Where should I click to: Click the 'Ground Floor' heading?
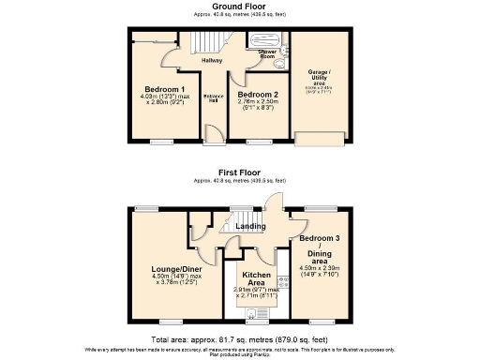(x=239, y=6)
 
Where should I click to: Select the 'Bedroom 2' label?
(x=254, y=95)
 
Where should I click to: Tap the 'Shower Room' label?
(x=266, y=54)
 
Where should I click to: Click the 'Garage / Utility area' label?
(x=314, y=74)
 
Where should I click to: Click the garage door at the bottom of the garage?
(x=313, y=139)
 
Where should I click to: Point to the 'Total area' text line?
(x=239, y=338)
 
